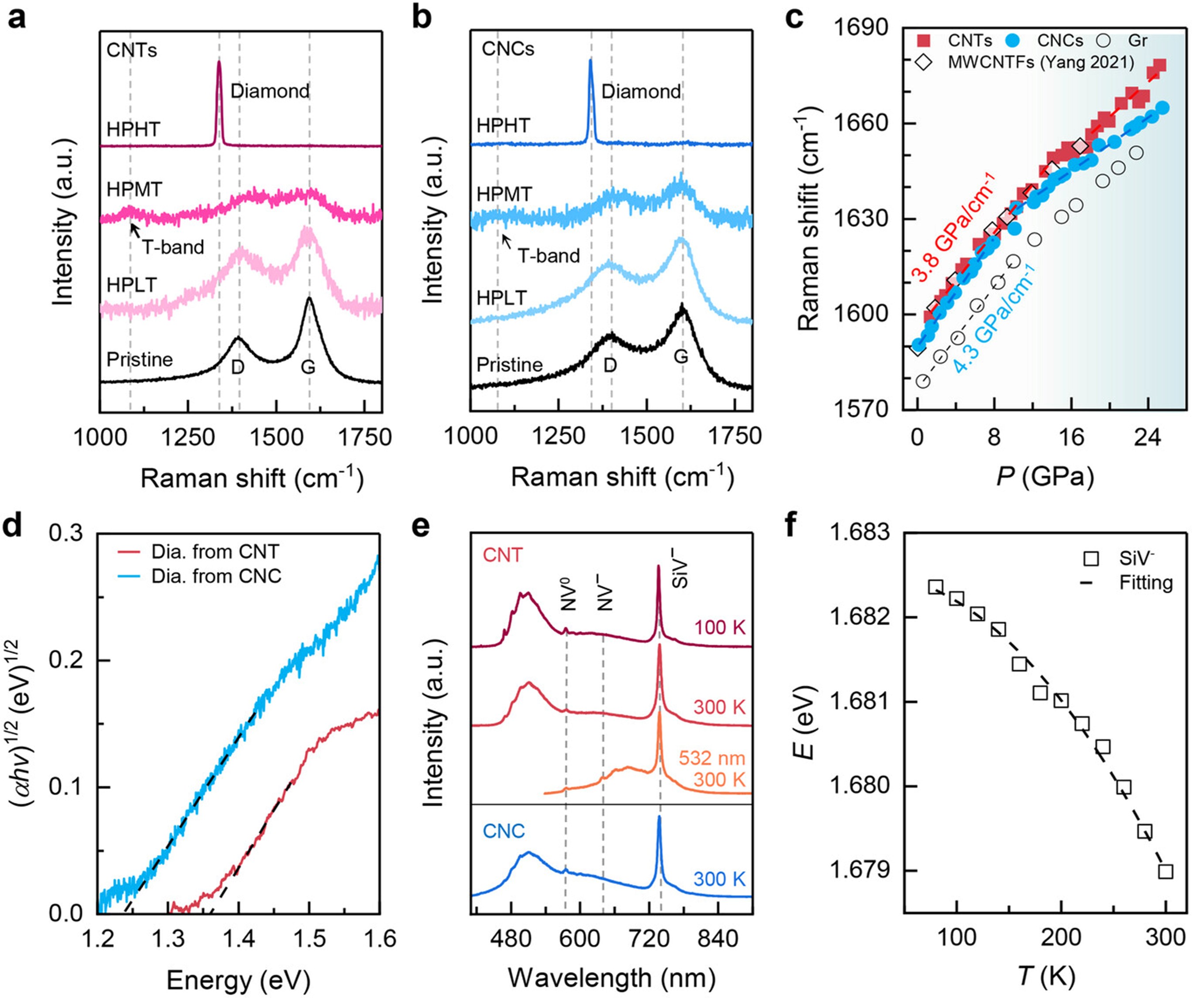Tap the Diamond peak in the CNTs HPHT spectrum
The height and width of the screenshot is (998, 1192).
click(x=219, y=64)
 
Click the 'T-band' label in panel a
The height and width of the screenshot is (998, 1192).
click(x=172, y=247)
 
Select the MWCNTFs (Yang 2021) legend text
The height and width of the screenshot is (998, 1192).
click(x=1041, y=62)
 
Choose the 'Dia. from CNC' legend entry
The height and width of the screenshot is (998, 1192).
click(x=216, y=576)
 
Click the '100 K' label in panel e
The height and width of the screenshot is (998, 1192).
click(x=719, y=627)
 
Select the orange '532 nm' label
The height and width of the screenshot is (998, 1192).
click(x=711, y=758)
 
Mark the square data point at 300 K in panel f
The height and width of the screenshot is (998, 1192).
click(x=1165, y=871)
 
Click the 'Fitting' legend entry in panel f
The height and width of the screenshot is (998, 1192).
click(x=1146, y=582)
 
